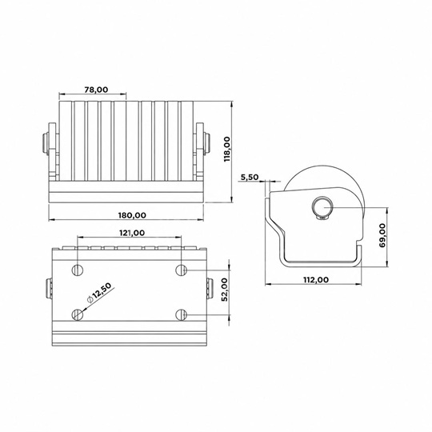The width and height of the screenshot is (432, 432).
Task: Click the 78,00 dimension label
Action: [96, 90]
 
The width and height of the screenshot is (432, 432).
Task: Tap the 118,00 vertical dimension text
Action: [227, 149]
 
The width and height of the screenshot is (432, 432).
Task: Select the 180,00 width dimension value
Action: [132, 215]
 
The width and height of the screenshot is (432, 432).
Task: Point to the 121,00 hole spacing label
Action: [132, 233]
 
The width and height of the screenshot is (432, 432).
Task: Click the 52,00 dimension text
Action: [225, 290]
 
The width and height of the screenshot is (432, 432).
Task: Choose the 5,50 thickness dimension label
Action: [250, 177]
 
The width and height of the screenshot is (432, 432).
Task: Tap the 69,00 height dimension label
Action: [382, 235]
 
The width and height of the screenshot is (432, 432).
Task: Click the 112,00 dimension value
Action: [316, 280]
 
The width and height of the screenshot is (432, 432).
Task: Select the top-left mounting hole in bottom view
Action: [78, 270]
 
